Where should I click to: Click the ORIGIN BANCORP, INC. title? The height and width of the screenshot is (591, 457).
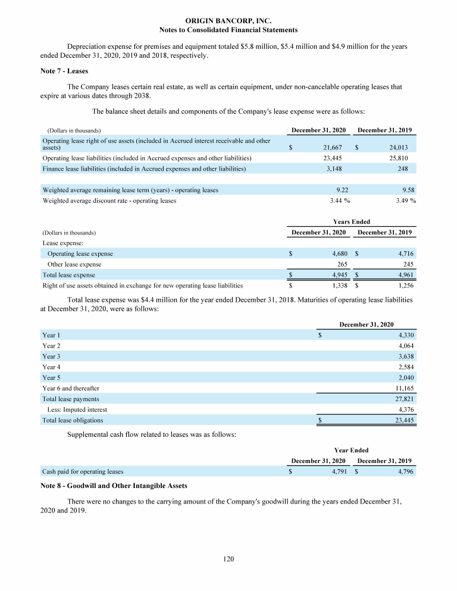click(x=228, y=20)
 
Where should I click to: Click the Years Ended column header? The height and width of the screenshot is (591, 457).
click(x=352, y=221)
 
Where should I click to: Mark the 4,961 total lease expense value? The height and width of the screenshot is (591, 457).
click(x=402, y=275)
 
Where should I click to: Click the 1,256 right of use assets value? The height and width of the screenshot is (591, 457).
click(x=402, y=286)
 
